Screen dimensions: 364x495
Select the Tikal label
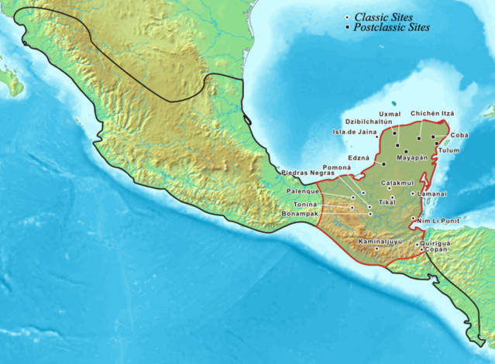coord(386,202)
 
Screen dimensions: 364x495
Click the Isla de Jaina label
coord(355,132)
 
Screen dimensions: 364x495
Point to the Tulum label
coord(449,150)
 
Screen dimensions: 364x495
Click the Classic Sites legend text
coord(383,17)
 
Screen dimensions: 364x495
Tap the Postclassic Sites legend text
coord(391,28)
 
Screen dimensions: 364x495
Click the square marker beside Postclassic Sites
coord(346,28)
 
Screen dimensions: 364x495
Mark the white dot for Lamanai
coord(413,193)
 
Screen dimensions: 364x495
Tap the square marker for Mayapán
coord(405,150)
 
